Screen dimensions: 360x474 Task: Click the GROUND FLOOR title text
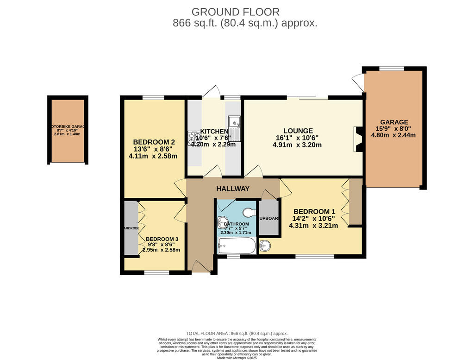click(235, 12)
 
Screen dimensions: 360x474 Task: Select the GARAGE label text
click(394, 122)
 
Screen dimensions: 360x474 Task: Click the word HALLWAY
click(233, 189)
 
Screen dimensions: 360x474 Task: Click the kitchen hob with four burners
click(192, 139)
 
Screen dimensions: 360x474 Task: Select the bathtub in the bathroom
click(237, 246)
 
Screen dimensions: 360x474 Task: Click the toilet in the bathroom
click(249, 212)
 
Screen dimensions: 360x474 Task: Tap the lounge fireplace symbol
click(357, 139)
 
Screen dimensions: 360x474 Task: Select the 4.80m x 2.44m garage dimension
click(393, 135)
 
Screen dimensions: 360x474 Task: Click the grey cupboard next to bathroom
click(268, 218)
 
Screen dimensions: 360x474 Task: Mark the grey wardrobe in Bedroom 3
click(131, 228)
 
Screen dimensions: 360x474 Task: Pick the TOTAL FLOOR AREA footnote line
click(237, 334)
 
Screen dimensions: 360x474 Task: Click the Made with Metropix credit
click(237, 358)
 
